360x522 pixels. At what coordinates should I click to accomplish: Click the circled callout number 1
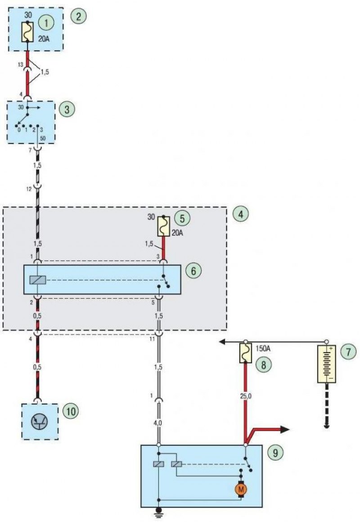(46, 23)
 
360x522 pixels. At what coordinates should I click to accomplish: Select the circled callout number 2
(78, 16)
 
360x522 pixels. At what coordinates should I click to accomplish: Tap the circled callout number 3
(67, 109)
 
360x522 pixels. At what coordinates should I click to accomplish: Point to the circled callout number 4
(241, 214)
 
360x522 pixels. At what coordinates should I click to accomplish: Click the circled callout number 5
(182, 218)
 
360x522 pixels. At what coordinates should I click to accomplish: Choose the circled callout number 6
(193, 271)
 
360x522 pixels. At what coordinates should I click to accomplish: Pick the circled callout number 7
(348, 352)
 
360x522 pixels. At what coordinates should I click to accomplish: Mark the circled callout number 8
(264, 365)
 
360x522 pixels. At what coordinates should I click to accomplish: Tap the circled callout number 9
(275, 453)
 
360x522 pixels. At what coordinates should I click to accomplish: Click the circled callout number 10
(71, 411)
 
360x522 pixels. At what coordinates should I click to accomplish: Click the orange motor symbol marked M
(241, 490)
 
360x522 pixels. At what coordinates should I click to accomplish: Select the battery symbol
(326, 364)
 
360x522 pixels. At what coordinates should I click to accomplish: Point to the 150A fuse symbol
(246, 353)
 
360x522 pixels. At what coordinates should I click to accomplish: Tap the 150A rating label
(263, 349)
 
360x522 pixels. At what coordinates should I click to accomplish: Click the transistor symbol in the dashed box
(39, 422)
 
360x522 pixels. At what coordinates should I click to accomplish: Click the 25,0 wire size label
(246, 396)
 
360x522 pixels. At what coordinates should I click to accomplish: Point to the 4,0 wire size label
(158, 423)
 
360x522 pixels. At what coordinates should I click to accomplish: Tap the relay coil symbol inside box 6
(38, 280)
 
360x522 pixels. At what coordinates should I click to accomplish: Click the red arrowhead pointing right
(284, 430)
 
